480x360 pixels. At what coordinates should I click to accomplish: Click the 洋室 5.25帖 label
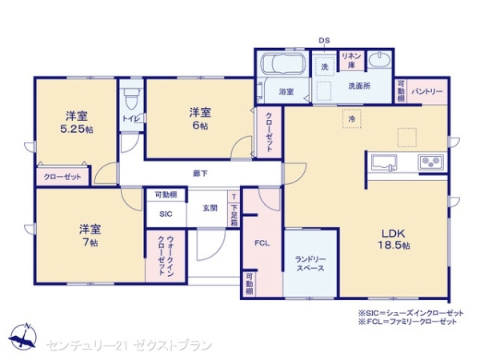76,121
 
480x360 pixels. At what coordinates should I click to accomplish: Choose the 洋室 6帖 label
200,118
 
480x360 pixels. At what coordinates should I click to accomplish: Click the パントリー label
427,92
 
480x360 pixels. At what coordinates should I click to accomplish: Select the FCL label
261,242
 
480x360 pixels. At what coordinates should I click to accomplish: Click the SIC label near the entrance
166,214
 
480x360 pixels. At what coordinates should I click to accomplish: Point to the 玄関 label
209,208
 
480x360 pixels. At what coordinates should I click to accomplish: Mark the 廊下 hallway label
200,173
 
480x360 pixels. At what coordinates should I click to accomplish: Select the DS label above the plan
324,39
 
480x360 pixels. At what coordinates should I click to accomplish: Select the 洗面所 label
358,86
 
